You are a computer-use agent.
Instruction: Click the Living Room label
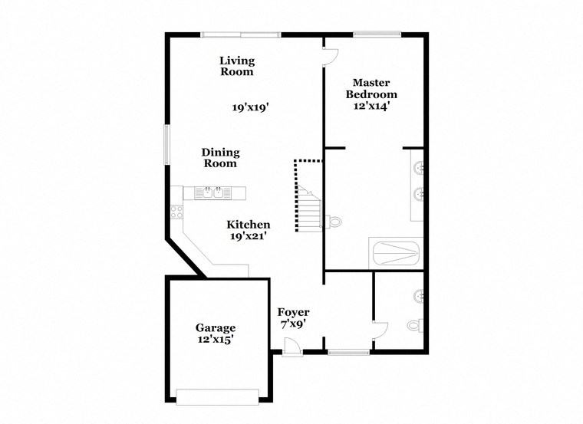(x=237, y=66)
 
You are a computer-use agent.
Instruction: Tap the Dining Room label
(x=220, y=158)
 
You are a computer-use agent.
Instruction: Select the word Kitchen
(x=248, y=225)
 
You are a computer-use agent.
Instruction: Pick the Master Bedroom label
(x=371, y=88)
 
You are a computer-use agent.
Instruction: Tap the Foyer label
(x=293, y=312)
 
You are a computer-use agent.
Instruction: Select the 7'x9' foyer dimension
(x=293, y=324)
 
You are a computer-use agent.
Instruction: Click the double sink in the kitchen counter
(x=213, y=192)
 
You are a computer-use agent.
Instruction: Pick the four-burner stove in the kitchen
(x=176, y=212)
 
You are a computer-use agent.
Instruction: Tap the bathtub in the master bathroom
(x=395, y=252)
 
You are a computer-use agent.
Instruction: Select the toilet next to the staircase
(x=336, y=222)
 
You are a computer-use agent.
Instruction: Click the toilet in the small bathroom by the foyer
(x=414, y=325)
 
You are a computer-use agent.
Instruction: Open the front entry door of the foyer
(x=290, y=347)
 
